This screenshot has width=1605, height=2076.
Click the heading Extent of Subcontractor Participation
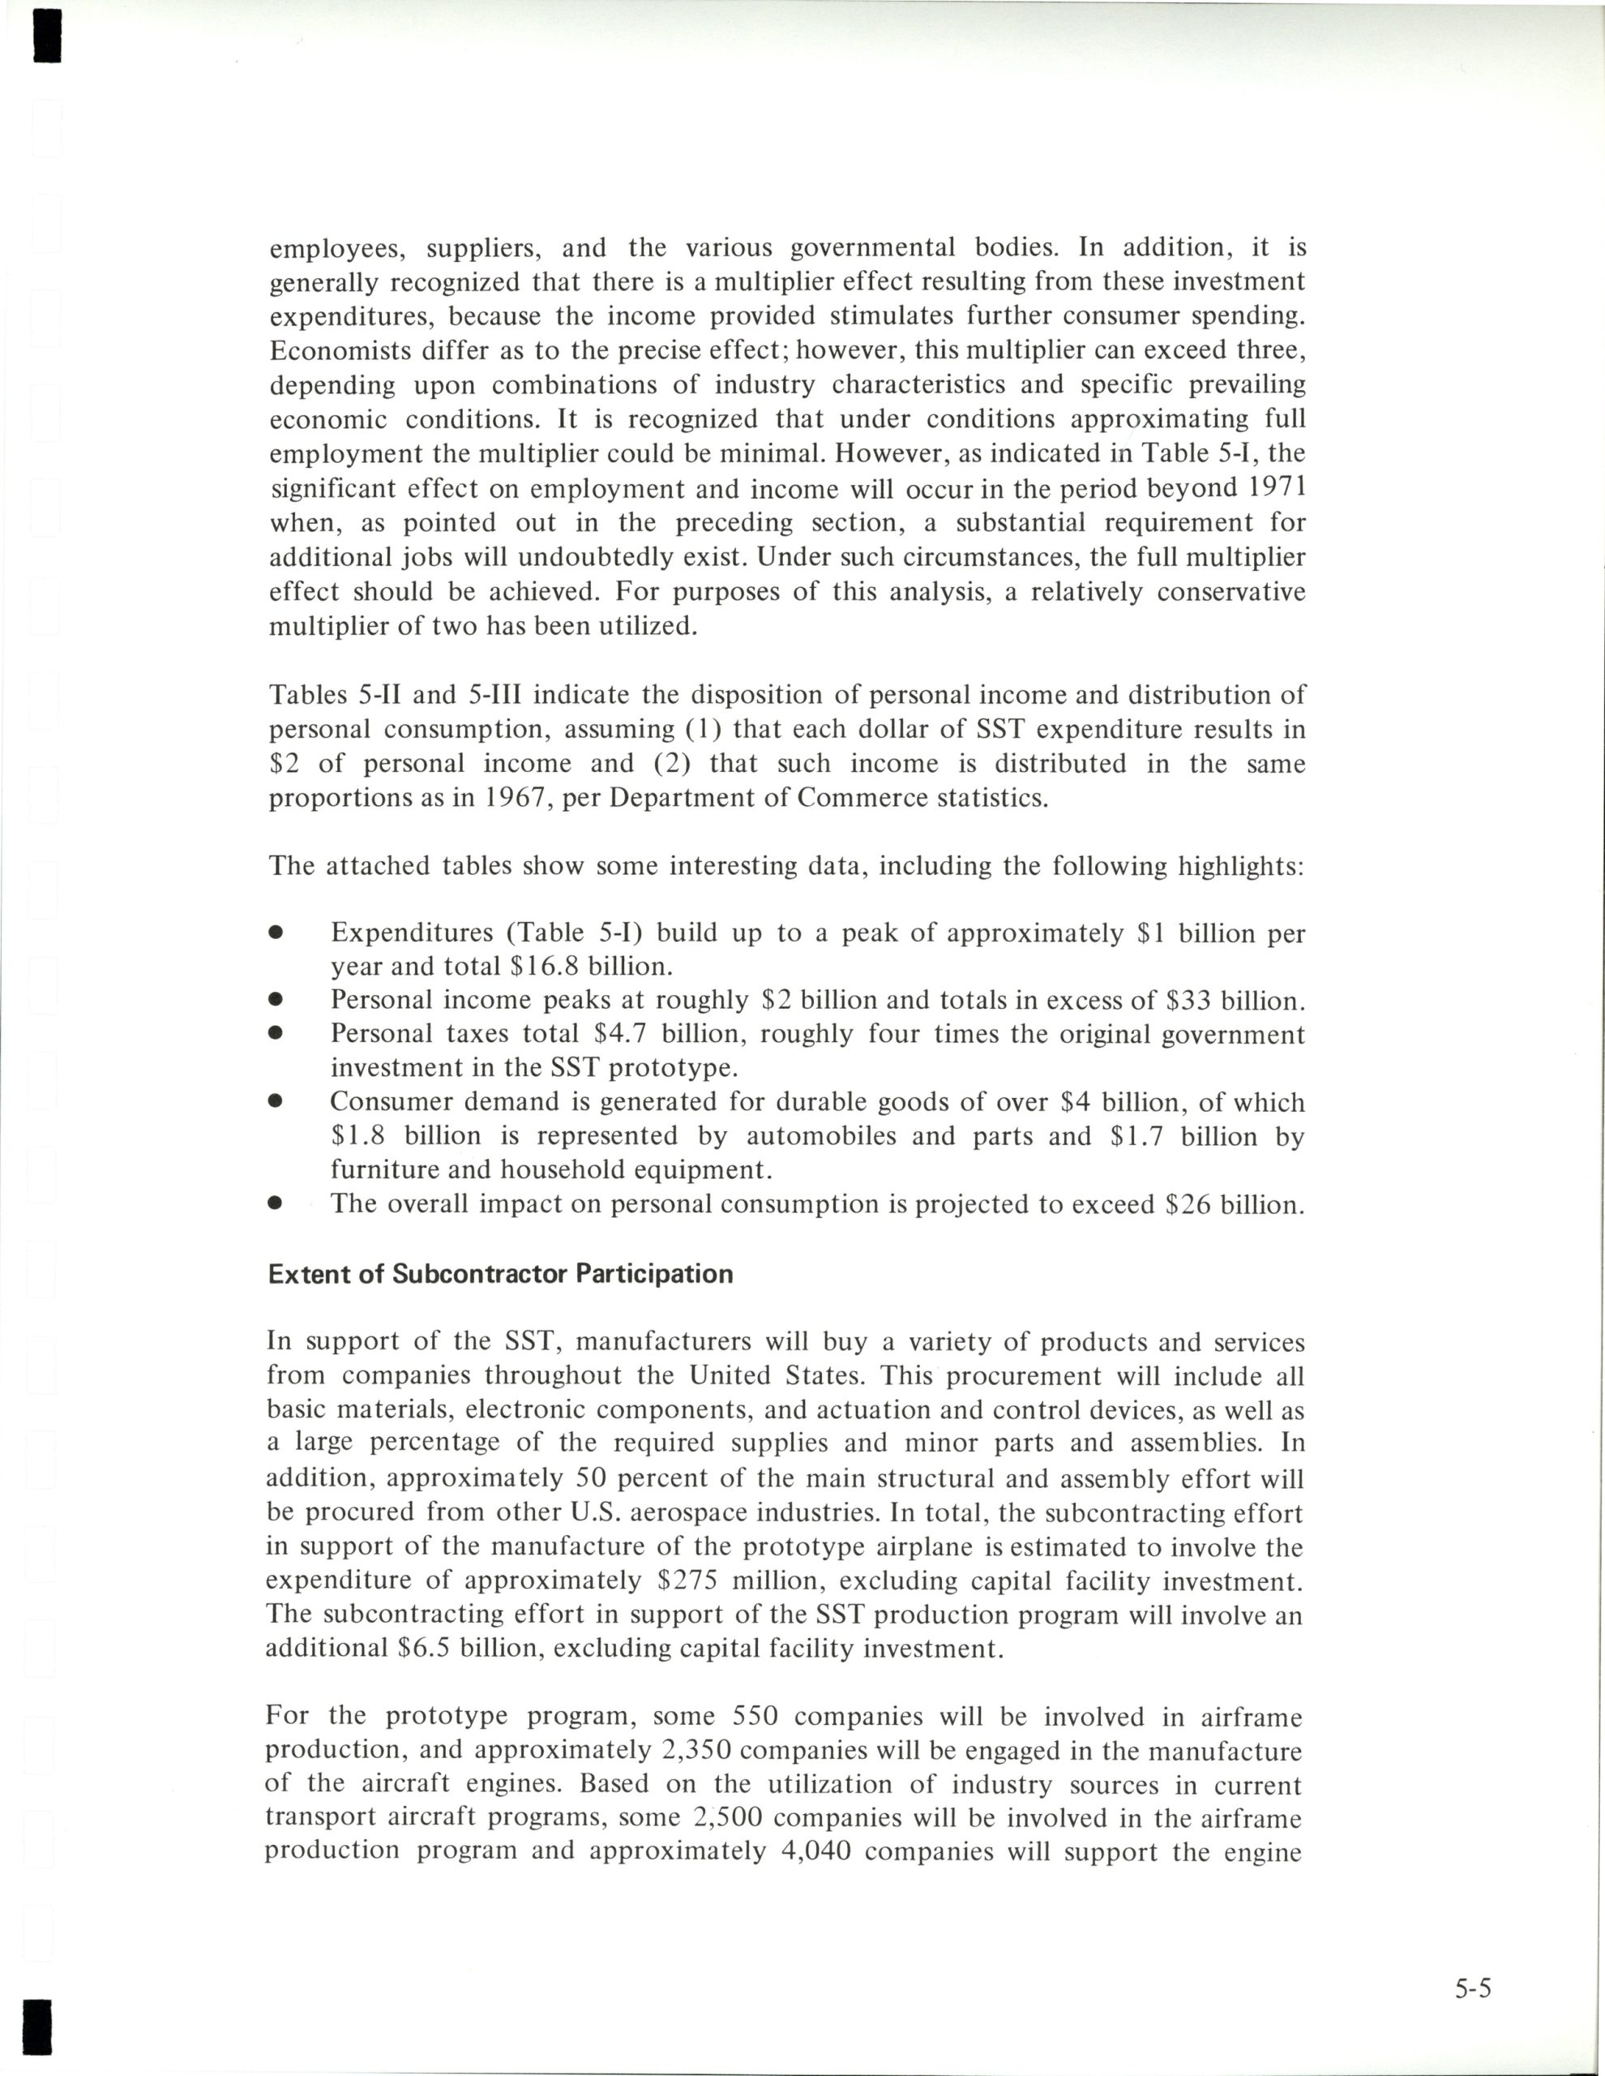click(x=501, y=1275)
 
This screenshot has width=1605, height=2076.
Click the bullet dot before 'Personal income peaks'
click(x=276, y=1000)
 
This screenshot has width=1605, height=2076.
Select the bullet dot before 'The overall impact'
click(x=276, y=1204)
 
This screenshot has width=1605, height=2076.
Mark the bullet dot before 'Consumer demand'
click(x=276, y=1103)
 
